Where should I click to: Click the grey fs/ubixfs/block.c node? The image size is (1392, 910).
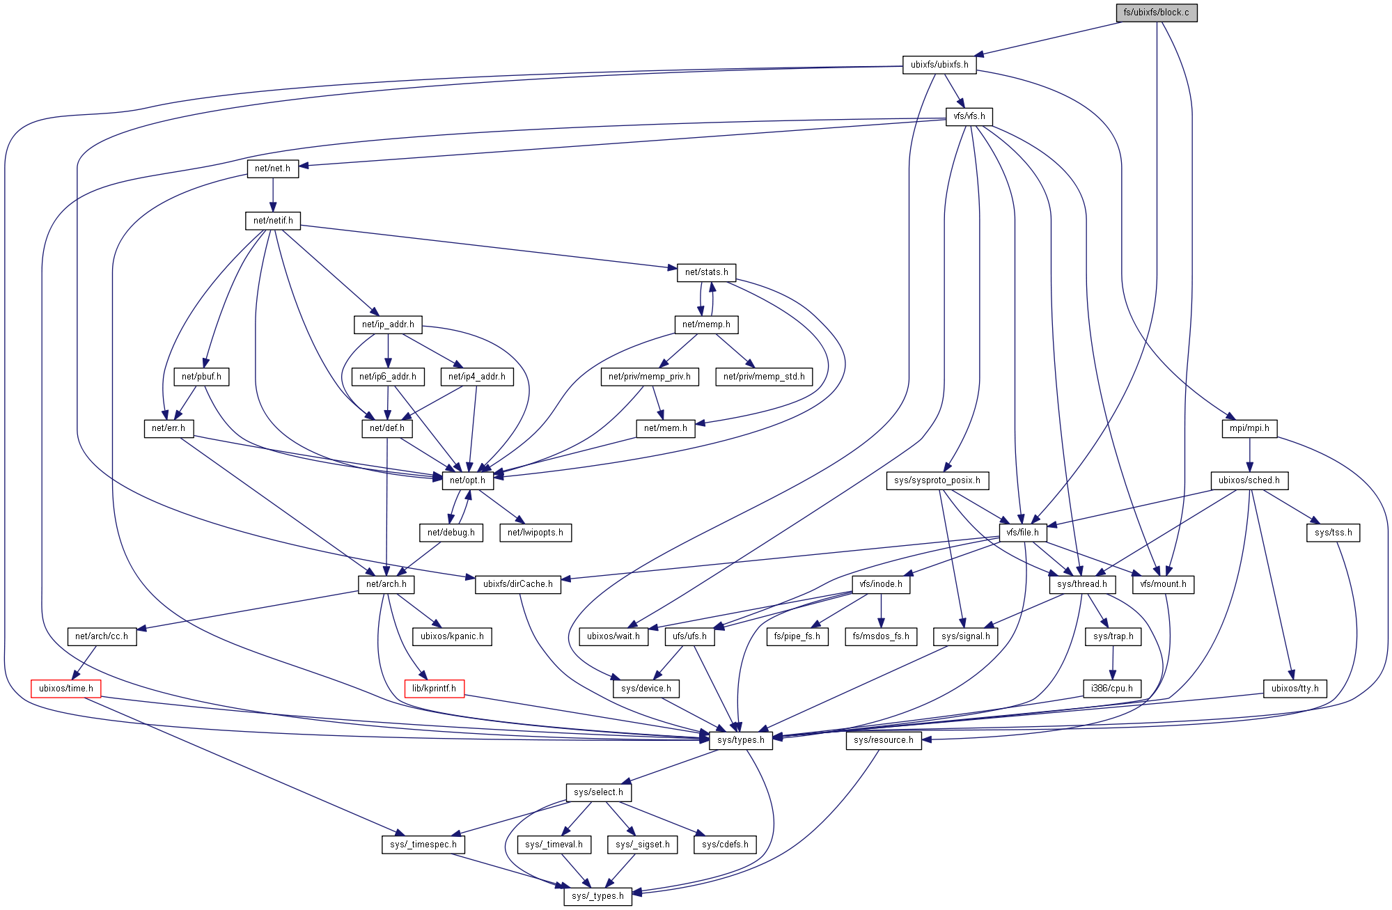[x=1156, y=13]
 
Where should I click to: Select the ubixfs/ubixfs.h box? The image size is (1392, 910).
[x=939, y=65]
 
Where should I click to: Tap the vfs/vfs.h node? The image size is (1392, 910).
[x=969, y=116]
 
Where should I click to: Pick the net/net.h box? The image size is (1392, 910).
[x=272, y=168]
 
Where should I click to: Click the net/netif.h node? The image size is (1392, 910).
[x=273, y=221]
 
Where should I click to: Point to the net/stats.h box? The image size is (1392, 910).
[x=706, y=272]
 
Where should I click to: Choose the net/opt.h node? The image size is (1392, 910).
[x=467, y=480]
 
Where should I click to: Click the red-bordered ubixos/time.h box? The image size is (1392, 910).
[x=66, y=689]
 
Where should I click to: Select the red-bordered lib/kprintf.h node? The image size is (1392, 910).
[x=434, y=689]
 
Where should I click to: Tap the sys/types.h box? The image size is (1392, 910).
[x=741, y=740]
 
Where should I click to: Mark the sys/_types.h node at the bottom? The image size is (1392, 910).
[x=597, y=896]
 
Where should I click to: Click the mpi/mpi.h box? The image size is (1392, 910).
[x=1249, y=428]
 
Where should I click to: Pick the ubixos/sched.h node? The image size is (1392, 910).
[x=1249, y=480]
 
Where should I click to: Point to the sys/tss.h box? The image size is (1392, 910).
[x=1333, y=533]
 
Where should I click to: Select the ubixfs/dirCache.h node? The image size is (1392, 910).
[x=517, y=584]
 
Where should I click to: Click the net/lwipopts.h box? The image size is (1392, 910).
[x=535, y=533]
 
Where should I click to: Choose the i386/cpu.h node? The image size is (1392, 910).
[x=1112, y=689]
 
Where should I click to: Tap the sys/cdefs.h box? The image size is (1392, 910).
[x=725, y=845]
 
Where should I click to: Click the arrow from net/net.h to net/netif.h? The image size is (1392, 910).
[x=273, y=195]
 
